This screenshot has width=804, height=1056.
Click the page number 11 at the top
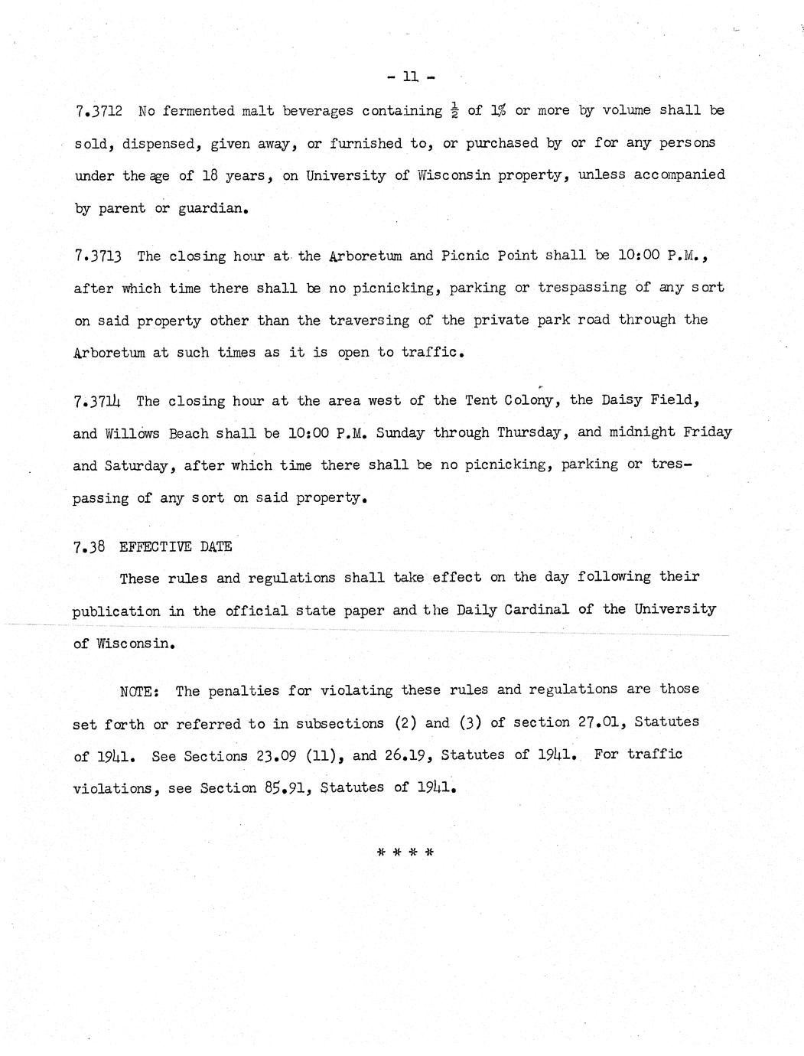[412, 77]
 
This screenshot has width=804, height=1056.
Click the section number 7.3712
[101, 111]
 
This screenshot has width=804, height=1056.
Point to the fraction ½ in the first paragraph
[457, 111]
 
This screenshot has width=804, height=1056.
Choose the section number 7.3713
[100, 256]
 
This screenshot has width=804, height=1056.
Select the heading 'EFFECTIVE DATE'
[175, 546]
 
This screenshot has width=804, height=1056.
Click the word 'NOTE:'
[139, 692]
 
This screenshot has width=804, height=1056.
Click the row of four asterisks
[405, 852]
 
